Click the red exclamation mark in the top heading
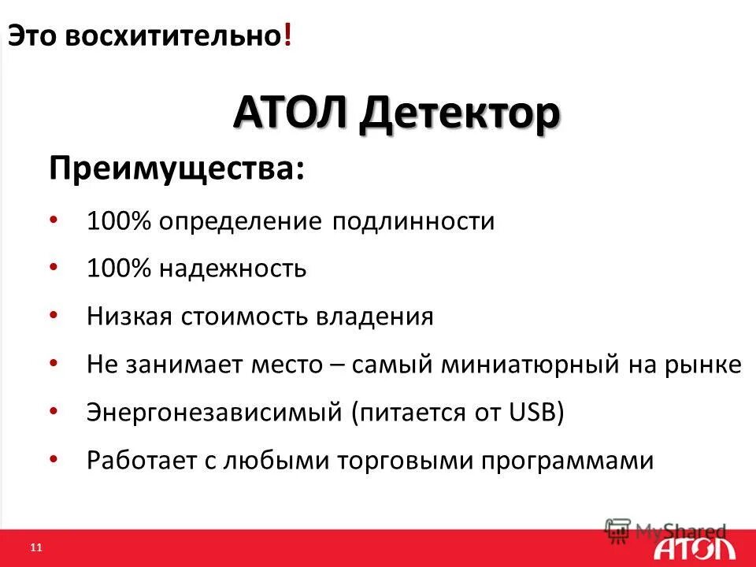pos(288,36)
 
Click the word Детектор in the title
pos(461,116)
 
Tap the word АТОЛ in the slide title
pos(289,116)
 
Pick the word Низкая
pos(132,317)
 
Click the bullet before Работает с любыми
pos(53,458)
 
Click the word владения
pos(375,317)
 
